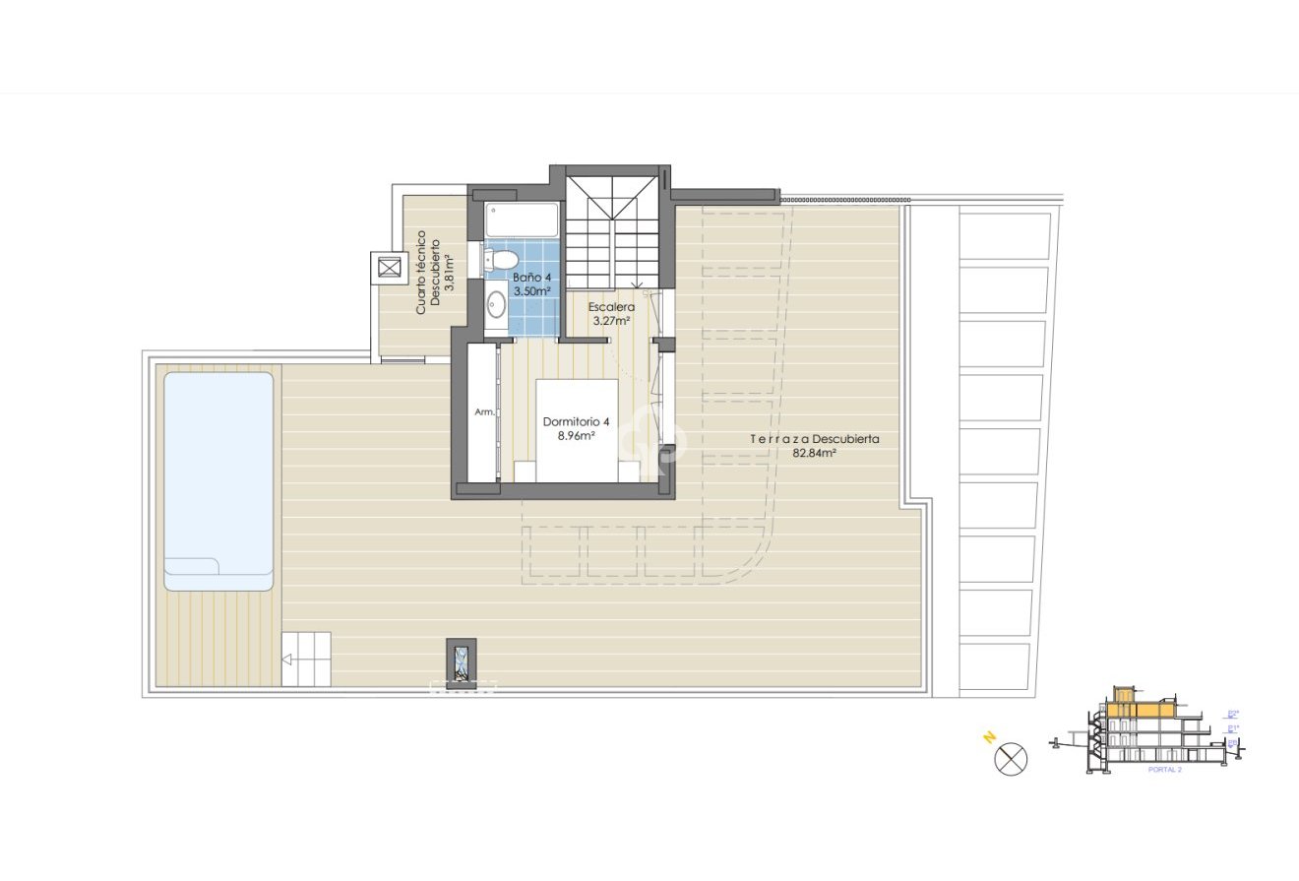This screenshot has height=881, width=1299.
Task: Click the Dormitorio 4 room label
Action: [x=576, y=422]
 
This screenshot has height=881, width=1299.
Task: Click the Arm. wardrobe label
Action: [x=484, y=412]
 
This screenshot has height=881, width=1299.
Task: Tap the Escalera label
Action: [x=611, y=306]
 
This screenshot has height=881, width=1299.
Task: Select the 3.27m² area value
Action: [x=611, y=320]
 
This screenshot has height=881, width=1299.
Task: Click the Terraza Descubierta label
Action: [x=814, y=439]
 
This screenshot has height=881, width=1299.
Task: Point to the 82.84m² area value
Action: [x=814, y=454]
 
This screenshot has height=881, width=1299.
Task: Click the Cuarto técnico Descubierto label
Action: [x=426, y=272]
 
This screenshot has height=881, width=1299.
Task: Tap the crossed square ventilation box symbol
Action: [x=389, y=268]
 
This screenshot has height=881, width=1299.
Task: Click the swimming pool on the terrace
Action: [x=218, y=472]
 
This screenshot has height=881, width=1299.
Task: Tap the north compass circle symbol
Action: [x=1011, y=760]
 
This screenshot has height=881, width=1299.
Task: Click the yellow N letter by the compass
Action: [x=988, y=736]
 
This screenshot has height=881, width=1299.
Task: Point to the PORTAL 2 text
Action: [x=1164, y=770]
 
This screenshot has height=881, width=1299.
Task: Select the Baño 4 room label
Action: [x=531, y=278]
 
